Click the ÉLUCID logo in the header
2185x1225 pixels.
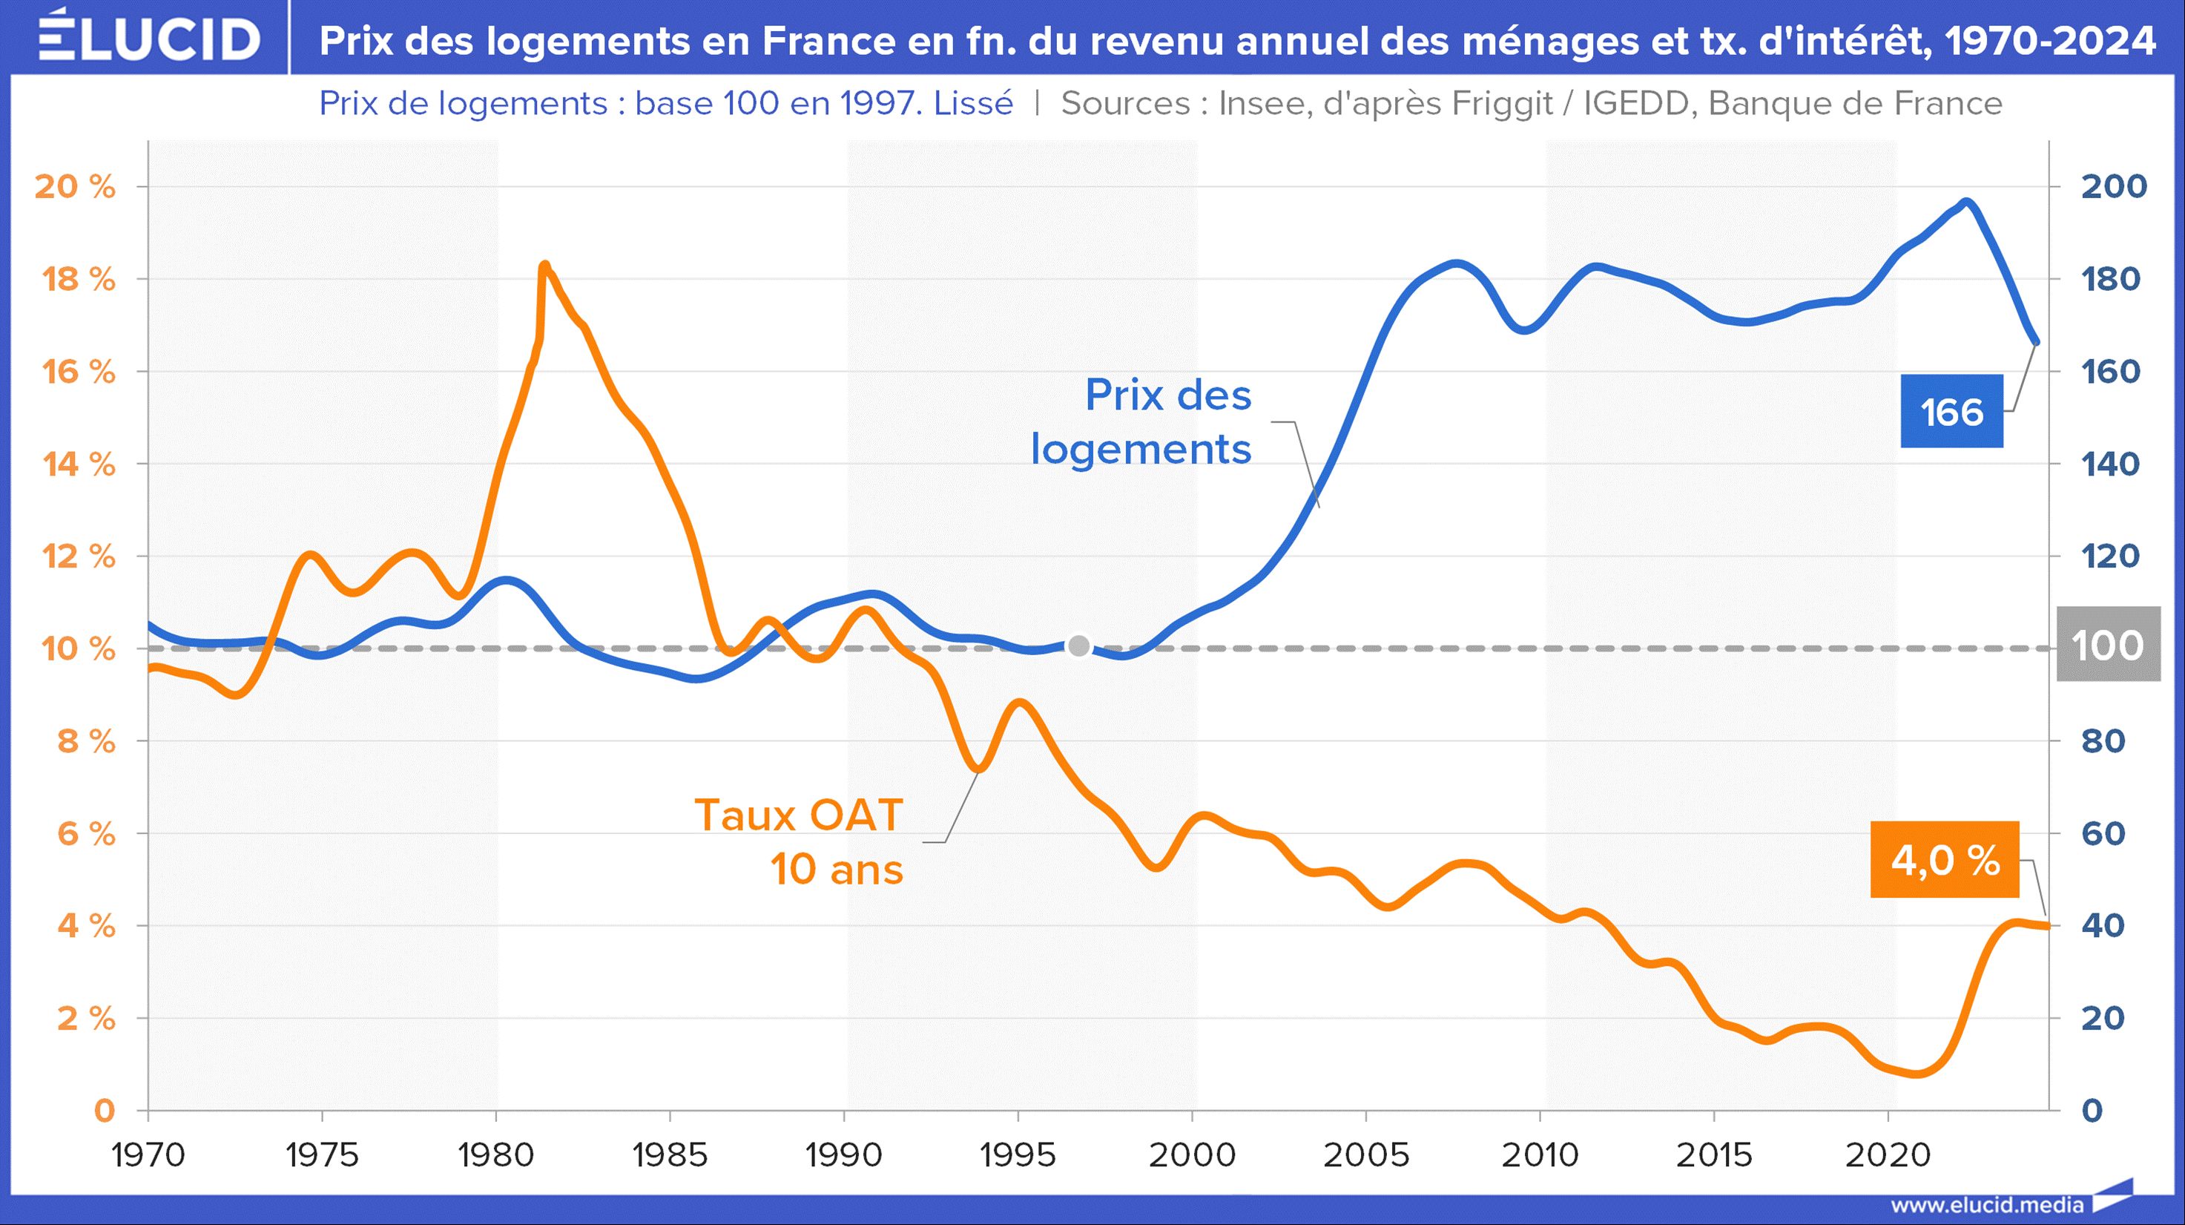[x=149, y=37]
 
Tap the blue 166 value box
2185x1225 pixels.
[x=1951, y=412]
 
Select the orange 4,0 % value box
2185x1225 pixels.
[x=1944, y=860]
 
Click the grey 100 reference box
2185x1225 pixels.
[x=2108, y=645]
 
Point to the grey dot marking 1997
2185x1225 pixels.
[x=1078, y=646]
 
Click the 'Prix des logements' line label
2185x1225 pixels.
[x=1141, y=421]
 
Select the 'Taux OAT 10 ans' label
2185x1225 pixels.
[x=798, y=841]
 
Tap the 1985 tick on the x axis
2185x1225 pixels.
[x=670, y=1155]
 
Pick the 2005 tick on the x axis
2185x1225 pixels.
[x=1365, y=1155]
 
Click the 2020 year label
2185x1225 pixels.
[x=1888, y=1155]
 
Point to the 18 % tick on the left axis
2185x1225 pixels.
[x=79, y=279]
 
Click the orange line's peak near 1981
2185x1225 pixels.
[x=544, y=266]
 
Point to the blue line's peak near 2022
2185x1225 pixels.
[x=1966, y=202]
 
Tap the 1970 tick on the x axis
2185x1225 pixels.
[x=148, y=1155]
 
